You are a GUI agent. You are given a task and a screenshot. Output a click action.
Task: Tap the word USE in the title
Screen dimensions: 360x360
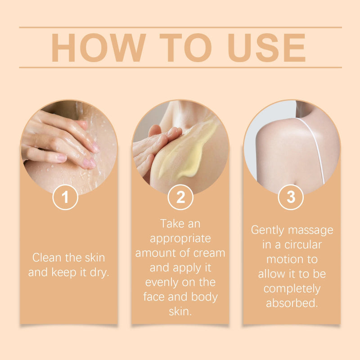[x=266, y=47]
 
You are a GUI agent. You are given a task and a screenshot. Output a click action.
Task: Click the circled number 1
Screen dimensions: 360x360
[x=65, y=197]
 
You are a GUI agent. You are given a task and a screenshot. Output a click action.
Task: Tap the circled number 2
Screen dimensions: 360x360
[x=180, y=197]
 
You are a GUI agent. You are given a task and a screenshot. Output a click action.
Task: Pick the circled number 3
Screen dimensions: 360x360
[x=291, y=197]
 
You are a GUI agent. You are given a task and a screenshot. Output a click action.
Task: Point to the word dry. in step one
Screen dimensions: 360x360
[x=98, y=273]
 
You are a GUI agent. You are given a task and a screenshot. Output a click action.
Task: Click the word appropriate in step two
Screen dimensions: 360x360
[x=180, y=238]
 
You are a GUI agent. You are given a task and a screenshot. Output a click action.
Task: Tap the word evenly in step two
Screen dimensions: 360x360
[x=163, y=282]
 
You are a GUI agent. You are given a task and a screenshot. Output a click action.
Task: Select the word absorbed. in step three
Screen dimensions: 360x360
[x=292, y=303]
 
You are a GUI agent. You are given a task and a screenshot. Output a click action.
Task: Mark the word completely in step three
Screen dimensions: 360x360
[x=292, y=288]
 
